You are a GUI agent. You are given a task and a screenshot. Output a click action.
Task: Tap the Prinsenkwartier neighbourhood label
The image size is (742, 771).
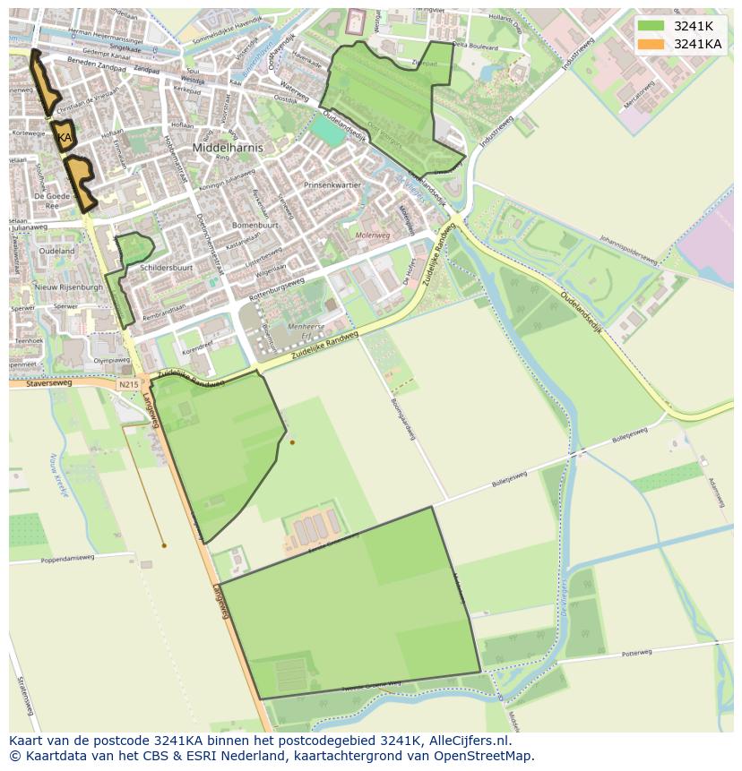click(x=332, y=185)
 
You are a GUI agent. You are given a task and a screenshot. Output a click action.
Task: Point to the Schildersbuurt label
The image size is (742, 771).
click(x=167, y=268)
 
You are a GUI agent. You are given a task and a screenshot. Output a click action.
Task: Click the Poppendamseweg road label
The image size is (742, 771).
click(x=67, y=559)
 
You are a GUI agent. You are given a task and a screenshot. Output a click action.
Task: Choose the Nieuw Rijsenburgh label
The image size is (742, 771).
click(x=69, y=287)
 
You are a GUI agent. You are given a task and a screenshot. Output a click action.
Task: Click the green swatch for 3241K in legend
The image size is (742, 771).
click(x=651, y=26)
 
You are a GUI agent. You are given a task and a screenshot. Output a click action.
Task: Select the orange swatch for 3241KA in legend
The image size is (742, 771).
click(x=651, y=44)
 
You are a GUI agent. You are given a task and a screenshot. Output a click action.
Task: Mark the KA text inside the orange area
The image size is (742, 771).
click(x=65, y=138)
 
